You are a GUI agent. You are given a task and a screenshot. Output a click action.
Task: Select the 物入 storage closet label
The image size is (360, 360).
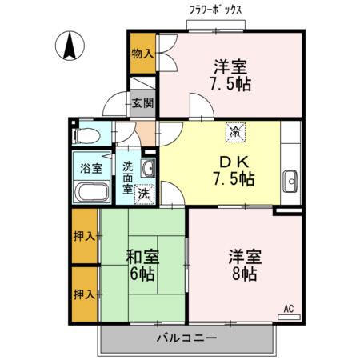click(142, 54)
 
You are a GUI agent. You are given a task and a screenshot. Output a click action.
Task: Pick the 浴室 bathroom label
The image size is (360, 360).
click(90, 169)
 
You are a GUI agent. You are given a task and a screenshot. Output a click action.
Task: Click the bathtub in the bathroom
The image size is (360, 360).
click(90, 193)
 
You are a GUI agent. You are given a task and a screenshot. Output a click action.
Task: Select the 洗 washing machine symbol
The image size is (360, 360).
click(144, 193)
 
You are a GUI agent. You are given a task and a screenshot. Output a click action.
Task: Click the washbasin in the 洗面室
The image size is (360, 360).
click(148, 168)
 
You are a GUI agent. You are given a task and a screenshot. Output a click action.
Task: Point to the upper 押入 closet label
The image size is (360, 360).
click(85, 236)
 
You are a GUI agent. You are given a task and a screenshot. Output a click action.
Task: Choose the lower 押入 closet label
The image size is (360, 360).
click(85, 294)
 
